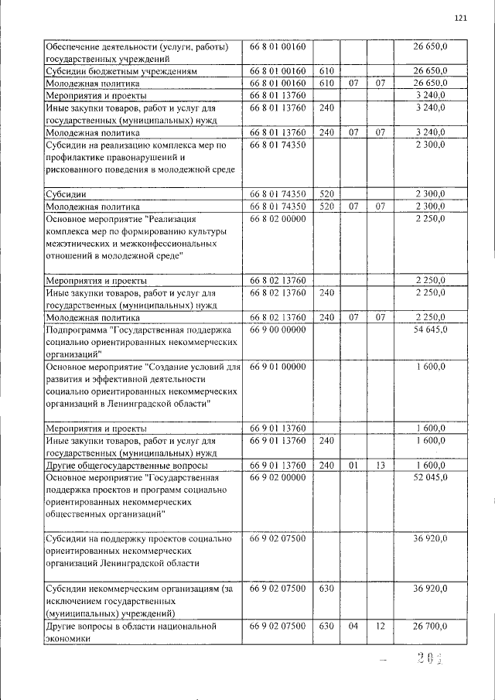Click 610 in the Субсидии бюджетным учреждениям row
tap(326, 70)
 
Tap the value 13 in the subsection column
tap(380, 465)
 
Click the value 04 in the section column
tap(353, 625)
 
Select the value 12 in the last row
tap(380, 625)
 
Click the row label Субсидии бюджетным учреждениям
tap(124, 70)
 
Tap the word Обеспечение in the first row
tap(77, 46)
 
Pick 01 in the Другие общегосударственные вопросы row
tap(353, 465)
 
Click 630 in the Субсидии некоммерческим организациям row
tap(326, 589)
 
